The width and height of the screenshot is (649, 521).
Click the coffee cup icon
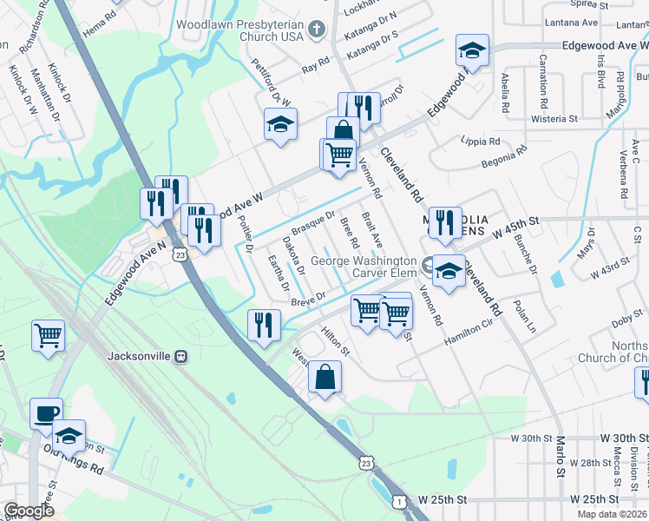point(46,413)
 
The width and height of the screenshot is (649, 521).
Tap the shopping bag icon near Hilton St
point(324,377)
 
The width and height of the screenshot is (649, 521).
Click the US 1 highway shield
point(398,501)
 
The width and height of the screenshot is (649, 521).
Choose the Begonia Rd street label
point(504,157)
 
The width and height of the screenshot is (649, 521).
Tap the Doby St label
point(625,322)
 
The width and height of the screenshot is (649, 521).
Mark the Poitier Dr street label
point(244,234)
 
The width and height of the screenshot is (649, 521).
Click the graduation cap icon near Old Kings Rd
point(69,434)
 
